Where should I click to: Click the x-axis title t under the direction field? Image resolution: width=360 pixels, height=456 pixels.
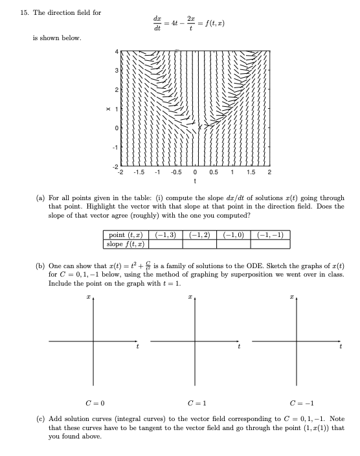point(195,182)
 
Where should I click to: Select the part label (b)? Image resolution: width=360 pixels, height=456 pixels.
point(39,265)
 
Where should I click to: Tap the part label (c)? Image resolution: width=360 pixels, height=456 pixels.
point(39,419)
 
